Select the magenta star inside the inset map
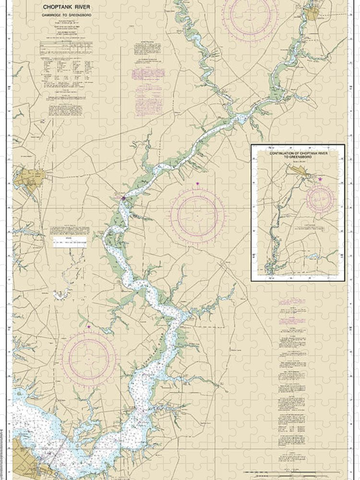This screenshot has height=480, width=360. pos(320,179)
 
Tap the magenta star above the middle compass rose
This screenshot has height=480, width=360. pos(197,183)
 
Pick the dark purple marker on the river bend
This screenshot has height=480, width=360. pos(123,198)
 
